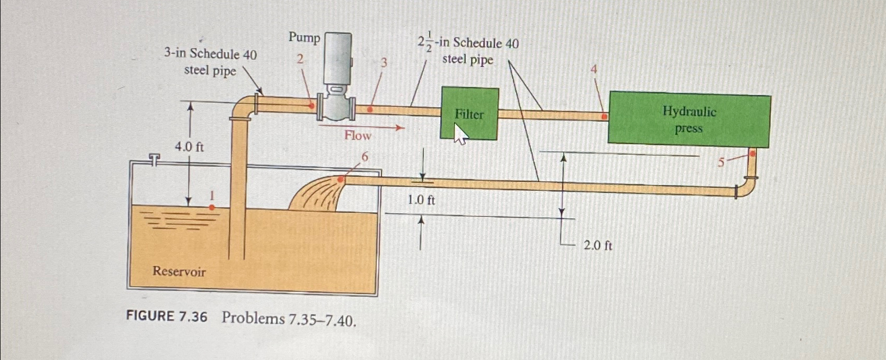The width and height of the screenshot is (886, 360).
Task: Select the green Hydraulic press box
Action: coord(688,119)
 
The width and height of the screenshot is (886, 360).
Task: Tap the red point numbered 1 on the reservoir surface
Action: coord(212,208)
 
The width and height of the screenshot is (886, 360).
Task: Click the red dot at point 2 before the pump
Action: coord(312,106)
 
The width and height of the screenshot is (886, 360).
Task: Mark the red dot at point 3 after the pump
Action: coord(370,110)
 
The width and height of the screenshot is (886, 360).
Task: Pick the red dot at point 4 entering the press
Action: coord(604,116)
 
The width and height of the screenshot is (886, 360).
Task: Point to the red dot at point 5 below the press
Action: coord(752,154)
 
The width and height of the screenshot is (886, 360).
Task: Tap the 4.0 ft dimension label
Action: coord(189,147)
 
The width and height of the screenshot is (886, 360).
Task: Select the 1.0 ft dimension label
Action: coord(421,200)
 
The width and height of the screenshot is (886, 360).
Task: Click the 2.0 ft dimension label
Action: coord(598,245)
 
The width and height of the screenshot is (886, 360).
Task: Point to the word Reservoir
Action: coord(179,271)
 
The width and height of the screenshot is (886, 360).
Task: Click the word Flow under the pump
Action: coord(358,136)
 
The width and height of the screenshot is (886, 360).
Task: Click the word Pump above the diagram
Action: coord(304,38)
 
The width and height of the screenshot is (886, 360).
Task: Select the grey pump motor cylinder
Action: coord(337,58)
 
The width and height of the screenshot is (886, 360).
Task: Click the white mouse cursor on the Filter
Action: coord(460,135)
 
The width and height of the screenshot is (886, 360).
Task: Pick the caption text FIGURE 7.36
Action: coord(167,317)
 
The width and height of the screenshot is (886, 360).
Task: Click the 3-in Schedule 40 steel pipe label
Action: coord(210,62)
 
